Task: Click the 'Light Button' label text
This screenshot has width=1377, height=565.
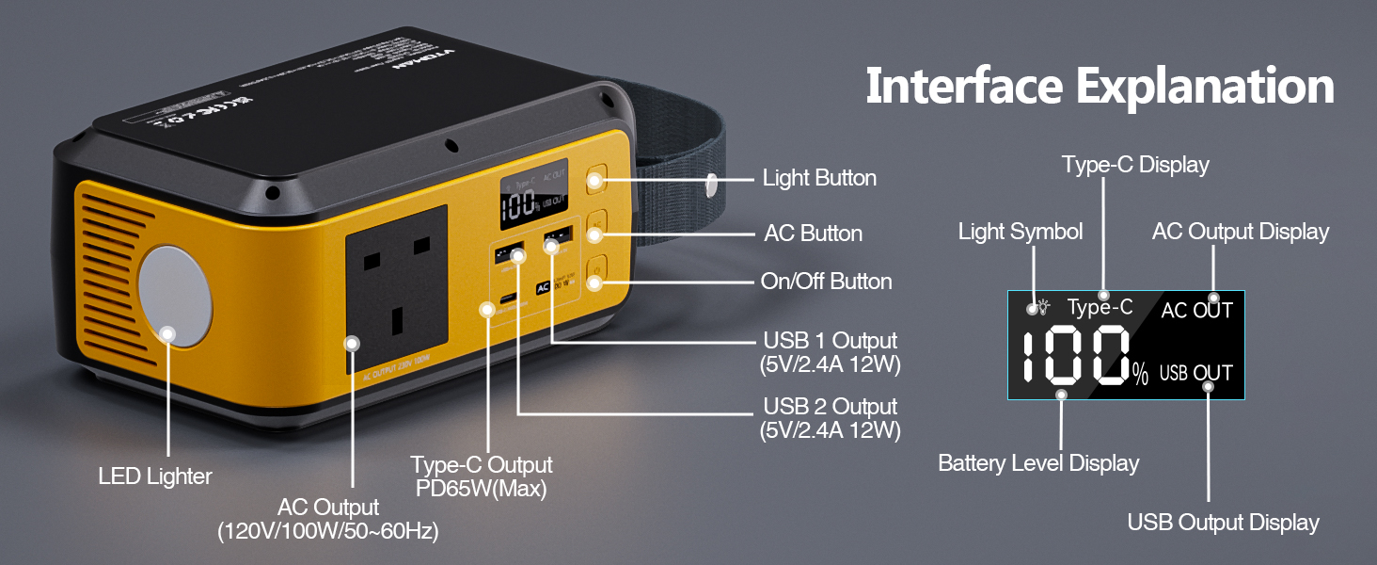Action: point(819,178)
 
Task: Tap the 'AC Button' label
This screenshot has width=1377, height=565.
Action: point(813,233)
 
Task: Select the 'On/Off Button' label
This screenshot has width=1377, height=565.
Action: point(826,282)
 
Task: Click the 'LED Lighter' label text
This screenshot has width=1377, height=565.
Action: point(155,476)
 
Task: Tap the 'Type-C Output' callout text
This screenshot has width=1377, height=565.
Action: point(482,465)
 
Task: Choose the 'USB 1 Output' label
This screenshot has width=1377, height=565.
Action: point(831,340)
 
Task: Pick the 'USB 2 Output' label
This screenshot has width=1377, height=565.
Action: point(831,407)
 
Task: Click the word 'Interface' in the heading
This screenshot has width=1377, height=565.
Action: point(964,87)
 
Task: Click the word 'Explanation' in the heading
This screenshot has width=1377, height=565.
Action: point(1205,87)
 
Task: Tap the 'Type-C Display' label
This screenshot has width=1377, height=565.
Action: point(1135,165)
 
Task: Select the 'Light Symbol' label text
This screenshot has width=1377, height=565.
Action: point(1021,232)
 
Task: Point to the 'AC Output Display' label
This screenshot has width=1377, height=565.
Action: point(1241,232)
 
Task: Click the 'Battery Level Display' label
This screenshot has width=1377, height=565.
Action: point(1038,463)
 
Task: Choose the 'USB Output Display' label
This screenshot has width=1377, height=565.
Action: point(1223,523)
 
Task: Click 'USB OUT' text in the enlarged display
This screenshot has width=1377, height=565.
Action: point(1195,373)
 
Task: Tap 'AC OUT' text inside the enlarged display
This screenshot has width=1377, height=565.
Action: point(1196,311)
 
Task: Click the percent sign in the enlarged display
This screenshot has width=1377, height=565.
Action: point(1140,376)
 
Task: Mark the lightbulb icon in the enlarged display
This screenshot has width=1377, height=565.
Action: point(1043,307)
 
